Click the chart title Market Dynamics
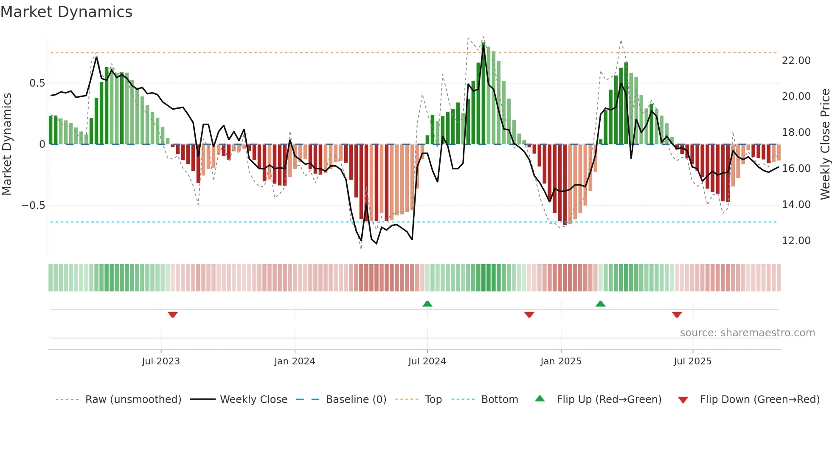pos(66,12)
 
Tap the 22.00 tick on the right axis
pos(796,61)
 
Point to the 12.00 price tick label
pos(796,241)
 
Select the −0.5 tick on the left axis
pos(33,206)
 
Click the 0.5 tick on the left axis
pos(37,83)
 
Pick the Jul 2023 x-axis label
pos(161,361)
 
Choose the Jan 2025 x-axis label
pos(561,361)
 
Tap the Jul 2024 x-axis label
pos(427,361)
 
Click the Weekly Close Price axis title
pos(825,144)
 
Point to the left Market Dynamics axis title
pos(7,144)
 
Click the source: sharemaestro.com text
pos(747,333)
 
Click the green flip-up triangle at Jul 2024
pos(427,304)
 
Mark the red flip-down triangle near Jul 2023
pos(173,315)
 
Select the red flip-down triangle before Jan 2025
pos(529,315)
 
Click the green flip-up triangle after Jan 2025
pos(600,304)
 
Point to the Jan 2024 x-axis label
pos(295,361)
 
